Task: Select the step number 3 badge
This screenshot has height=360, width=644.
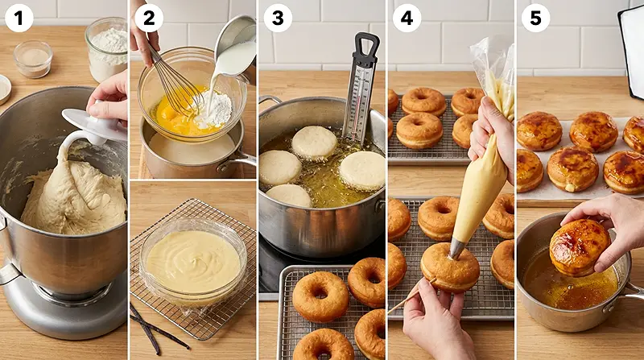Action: [x=277, y=18]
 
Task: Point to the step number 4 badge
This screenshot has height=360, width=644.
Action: [x=407, y=18]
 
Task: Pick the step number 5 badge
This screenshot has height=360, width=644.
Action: [x=535, y=18]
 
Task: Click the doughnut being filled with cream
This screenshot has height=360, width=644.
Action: [x=451, y=270]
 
